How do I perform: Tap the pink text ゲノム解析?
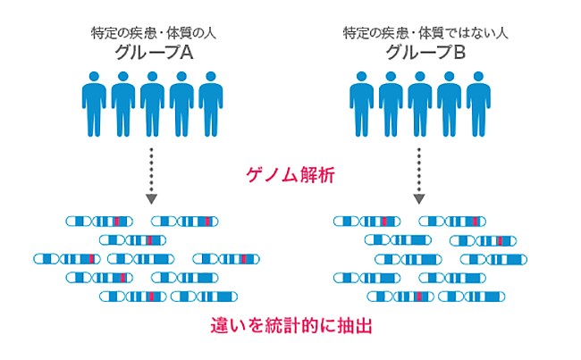pyautogui.click(x=290, y=175)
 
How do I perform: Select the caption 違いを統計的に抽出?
pyautogui.click(x=290, y=323)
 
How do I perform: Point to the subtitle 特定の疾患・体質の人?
pyautogui.click(x=153, y=33)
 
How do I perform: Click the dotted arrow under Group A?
pyautogui.click(x=152, y=173)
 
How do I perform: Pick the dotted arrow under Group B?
pyautogui.click(x=420, y=173)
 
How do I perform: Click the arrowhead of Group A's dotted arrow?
pyautogui.click(x=152, y=198)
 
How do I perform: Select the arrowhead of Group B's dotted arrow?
pyautogui.click(x=420, y=198)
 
